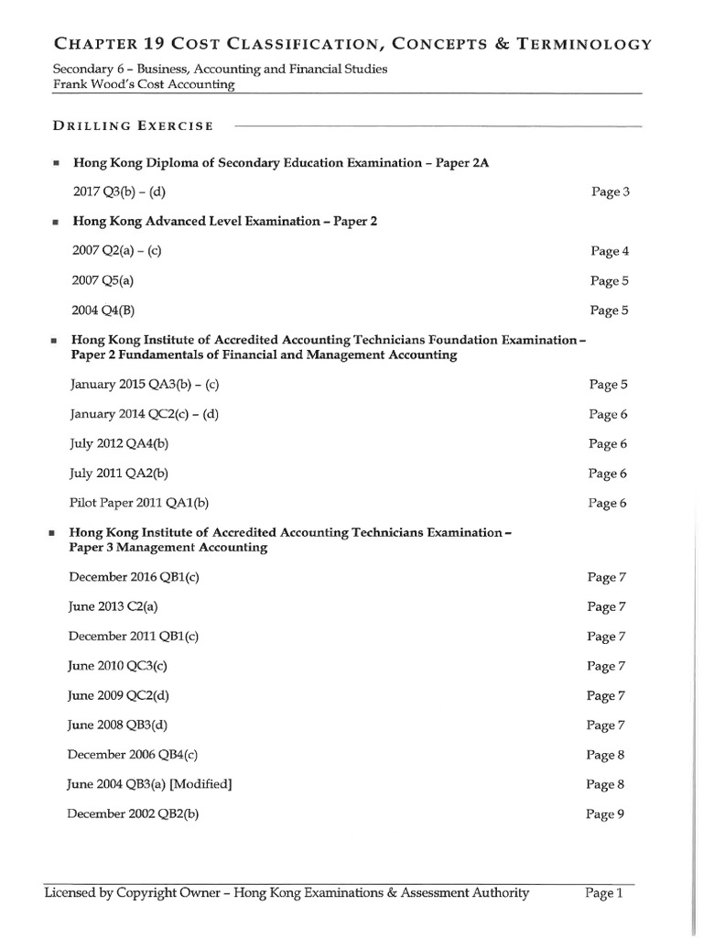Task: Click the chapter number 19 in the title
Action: (152, 43)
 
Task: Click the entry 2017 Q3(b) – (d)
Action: (119, 191)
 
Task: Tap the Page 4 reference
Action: (610, 251)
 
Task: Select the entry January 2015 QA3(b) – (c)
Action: (145, 385)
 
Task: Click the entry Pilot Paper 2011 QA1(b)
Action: (139, 503)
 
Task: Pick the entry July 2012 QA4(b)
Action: (119, 443)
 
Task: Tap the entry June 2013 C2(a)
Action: (118, 606)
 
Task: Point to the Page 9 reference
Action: (605, 813)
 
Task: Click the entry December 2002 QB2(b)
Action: (134, 813)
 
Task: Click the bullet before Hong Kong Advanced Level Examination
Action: (56, 222)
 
